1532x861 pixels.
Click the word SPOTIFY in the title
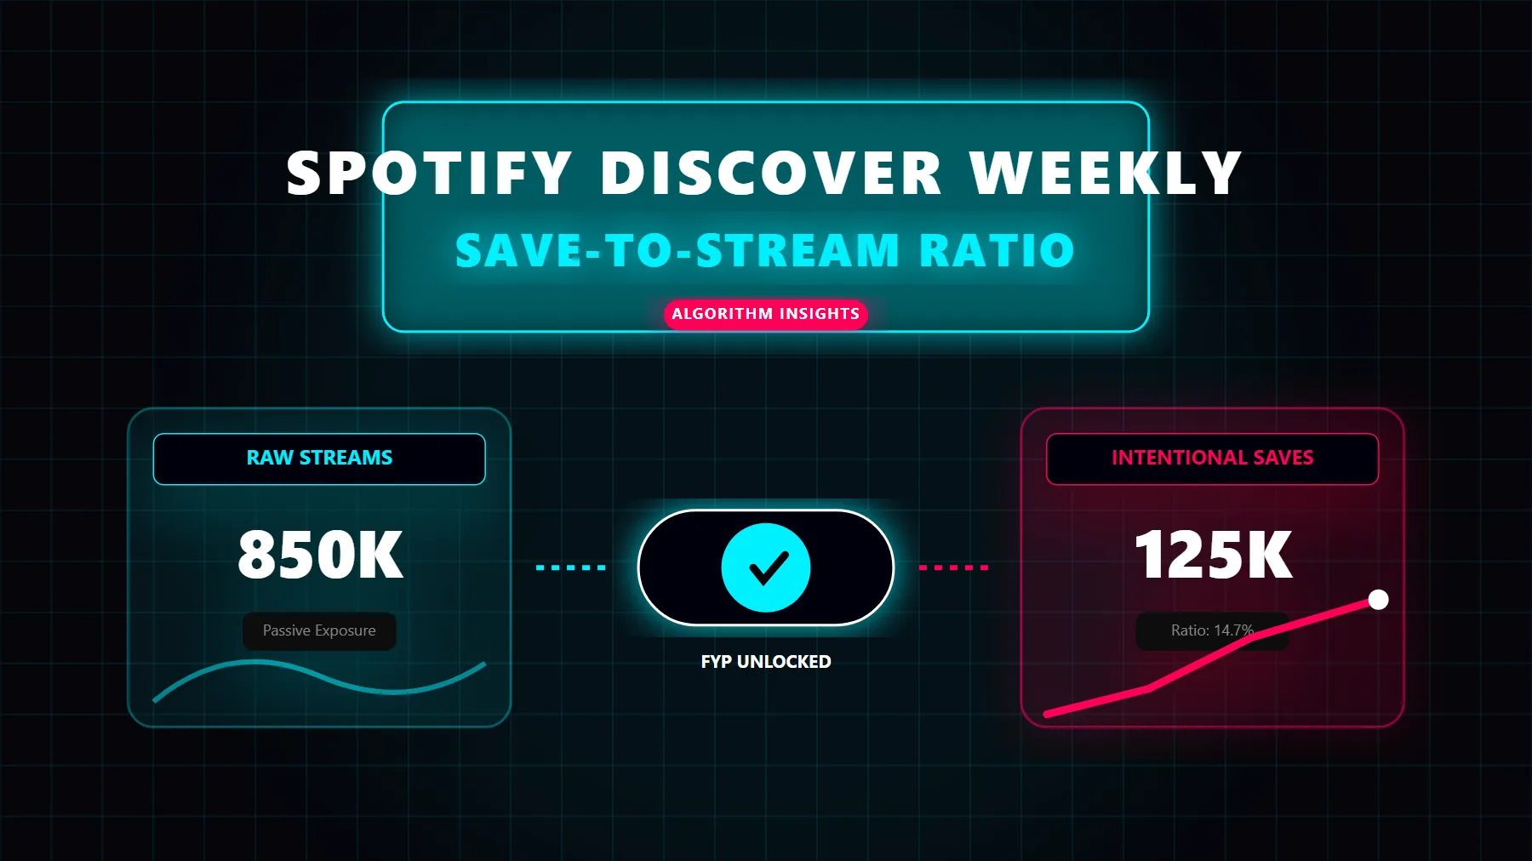[429, 174]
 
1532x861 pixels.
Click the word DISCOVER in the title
[771, 174]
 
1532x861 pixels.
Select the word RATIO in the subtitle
[997, 251]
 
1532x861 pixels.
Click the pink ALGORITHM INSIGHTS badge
[765, 314]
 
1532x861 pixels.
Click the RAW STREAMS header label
[319, 459]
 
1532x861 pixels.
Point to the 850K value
[320, 556]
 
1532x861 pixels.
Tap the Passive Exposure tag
[319, 631]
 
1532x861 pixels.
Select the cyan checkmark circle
[766, 567]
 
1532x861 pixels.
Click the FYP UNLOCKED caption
[766, 662]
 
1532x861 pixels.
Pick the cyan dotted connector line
[571, 567]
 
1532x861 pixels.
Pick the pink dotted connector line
[953, 567]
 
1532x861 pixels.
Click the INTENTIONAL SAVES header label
[1212, 459]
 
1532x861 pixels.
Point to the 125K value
[1214, 556]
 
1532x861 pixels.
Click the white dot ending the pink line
[1378, 600]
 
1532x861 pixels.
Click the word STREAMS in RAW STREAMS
[346, 459]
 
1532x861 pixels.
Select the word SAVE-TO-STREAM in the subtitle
[677, 251]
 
